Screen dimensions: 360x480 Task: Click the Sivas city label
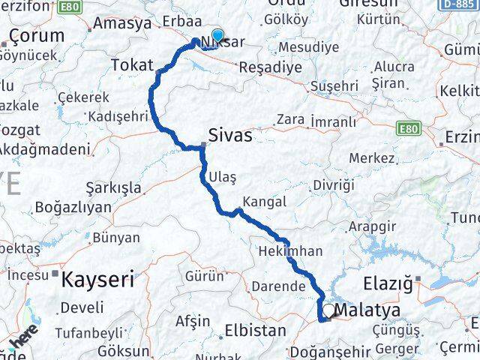click(x=230, y=135)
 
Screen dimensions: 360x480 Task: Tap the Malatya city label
click(x=369, y=310)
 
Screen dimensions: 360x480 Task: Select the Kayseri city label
click(x=97, y=280)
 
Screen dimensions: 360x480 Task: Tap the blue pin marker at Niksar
click(x=218, y=35)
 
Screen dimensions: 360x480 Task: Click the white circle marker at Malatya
click(x=328, y=309)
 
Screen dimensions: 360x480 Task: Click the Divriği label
click(x=333, y=184)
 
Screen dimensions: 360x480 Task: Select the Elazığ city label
click(x=388, y=284)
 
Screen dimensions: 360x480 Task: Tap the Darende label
click(x=277, y=286)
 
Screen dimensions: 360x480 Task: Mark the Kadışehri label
click(x=118, y=116)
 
